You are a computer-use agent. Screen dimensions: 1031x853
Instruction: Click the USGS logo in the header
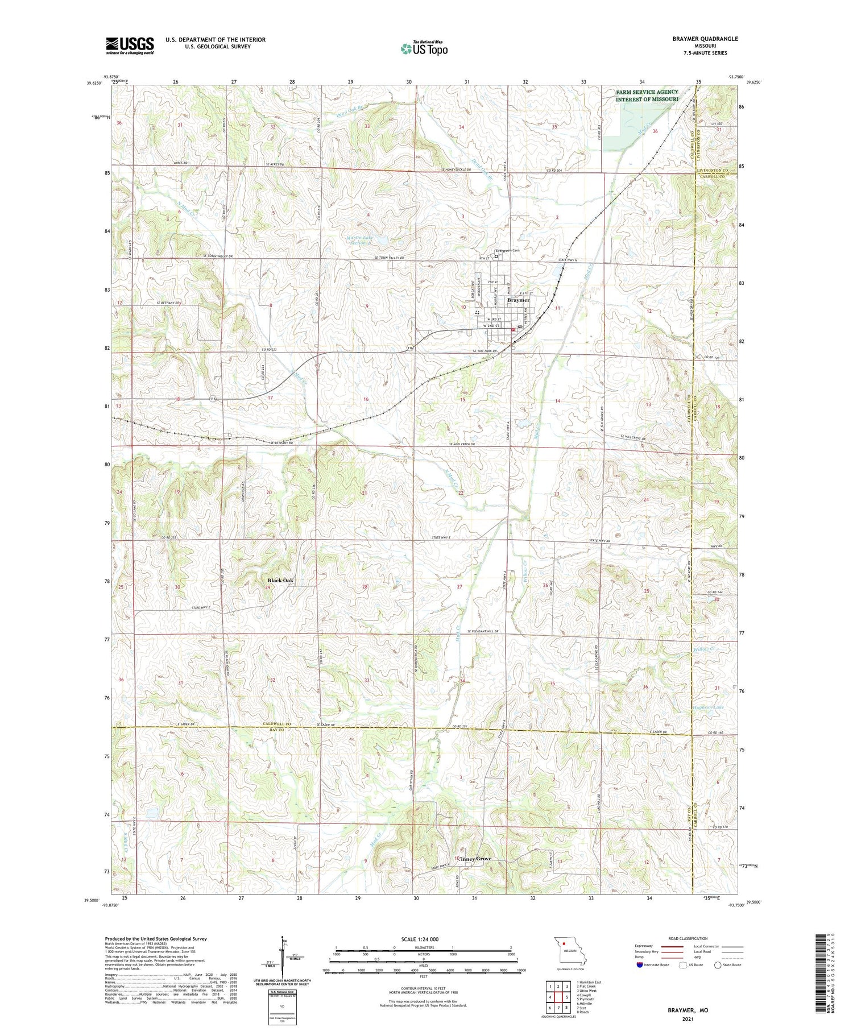[130, 45]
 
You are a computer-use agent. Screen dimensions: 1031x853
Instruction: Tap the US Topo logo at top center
[424, 49]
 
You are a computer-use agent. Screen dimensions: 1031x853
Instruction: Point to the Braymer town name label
[518, 300]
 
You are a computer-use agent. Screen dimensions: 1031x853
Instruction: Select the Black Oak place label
[281, 580]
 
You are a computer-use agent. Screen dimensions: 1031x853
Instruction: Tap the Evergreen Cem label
[507, 250]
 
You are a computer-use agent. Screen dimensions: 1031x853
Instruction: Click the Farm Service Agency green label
[647, 96]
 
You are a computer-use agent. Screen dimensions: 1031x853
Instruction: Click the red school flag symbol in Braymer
[512, 329]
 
